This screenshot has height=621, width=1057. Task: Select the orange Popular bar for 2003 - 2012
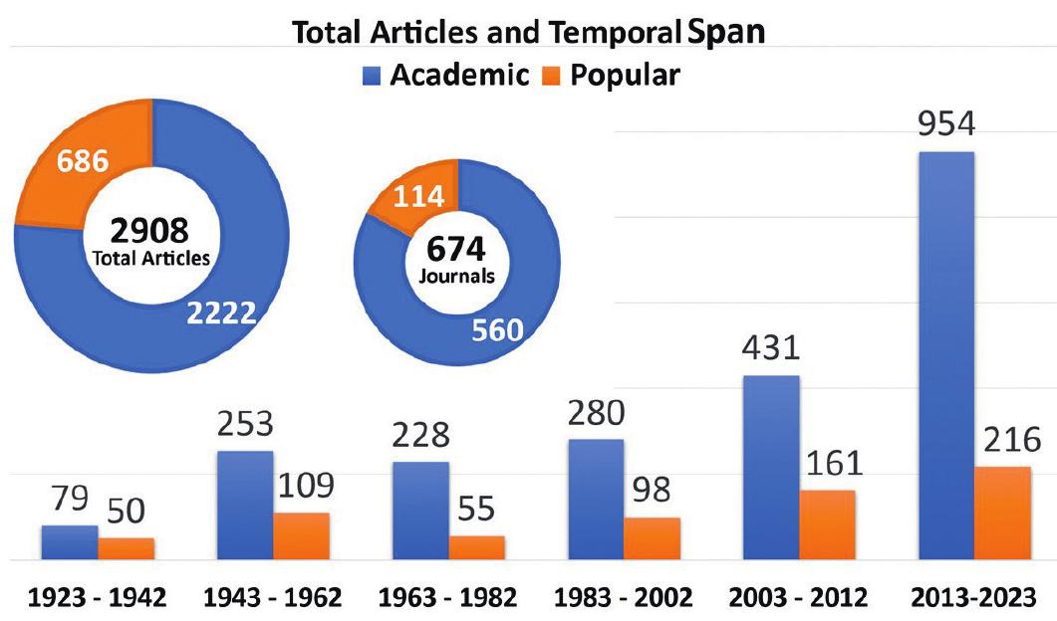(827, 524)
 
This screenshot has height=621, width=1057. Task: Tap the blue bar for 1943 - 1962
(245, 506)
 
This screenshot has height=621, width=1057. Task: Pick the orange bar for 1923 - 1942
(126, 549)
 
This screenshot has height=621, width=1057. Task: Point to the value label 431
(770, 350)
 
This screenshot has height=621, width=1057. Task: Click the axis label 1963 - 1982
(448, 598)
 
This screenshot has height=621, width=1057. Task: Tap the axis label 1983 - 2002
(623, 598)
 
